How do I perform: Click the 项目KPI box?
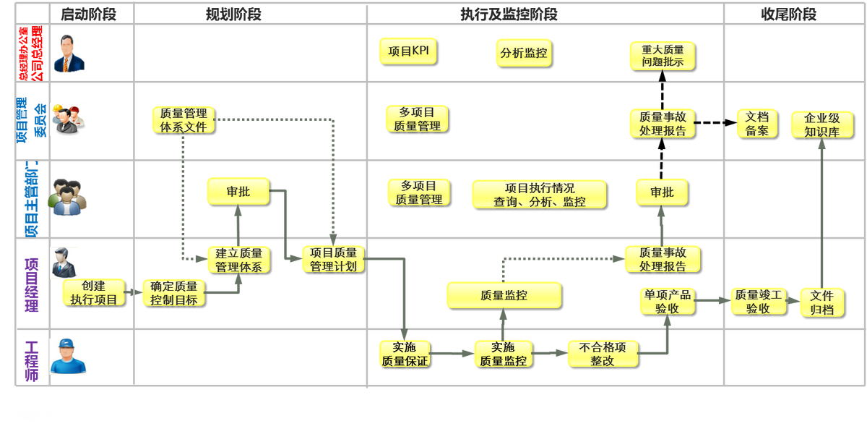407,51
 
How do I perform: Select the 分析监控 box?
524,53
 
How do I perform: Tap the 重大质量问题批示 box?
662,56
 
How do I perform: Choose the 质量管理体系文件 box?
183,119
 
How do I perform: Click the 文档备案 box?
757,123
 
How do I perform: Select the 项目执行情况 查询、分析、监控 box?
539,194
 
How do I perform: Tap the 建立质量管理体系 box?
238,260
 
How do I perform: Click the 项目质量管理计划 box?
333,259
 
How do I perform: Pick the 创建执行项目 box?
93,292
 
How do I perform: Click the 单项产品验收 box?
666,301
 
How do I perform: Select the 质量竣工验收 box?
757,301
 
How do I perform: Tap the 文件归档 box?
821,302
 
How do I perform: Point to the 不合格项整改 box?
603,353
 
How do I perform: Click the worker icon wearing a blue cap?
69,355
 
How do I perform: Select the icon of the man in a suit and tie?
69,54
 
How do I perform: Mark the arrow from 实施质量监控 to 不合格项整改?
549,353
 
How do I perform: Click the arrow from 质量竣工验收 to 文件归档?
790,300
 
